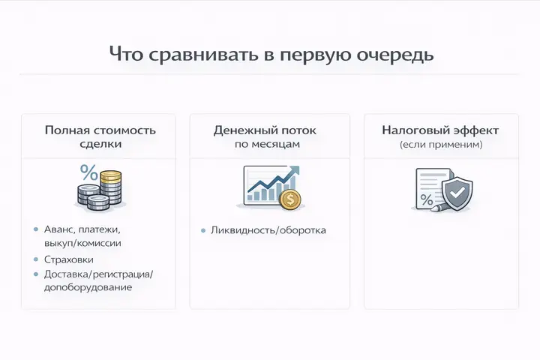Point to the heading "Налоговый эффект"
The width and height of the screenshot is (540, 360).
(x=440, y=130)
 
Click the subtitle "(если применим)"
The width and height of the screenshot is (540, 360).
(x=440, y=144)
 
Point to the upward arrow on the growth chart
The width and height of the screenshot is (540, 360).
(x=292, y=174)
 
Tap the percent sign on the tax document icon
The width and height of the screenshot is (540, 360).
(x=426, y=199)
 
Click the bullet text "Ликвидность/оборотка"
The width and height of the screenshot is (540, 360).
(x=268, y=230)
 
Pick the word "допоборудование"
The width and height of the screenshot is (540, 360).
(x=88, y=287)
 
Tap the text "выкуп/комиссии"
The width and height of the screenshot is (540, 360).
(x=82, y=243)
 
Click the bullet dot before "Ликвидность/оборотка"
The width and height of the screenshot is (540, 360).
(x=204, y=230)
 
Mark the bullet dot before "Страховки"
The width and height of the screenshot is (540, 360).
(x=36, y=259)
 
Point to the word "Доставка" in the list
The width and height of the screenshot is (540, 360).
(x=67, y=274)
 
